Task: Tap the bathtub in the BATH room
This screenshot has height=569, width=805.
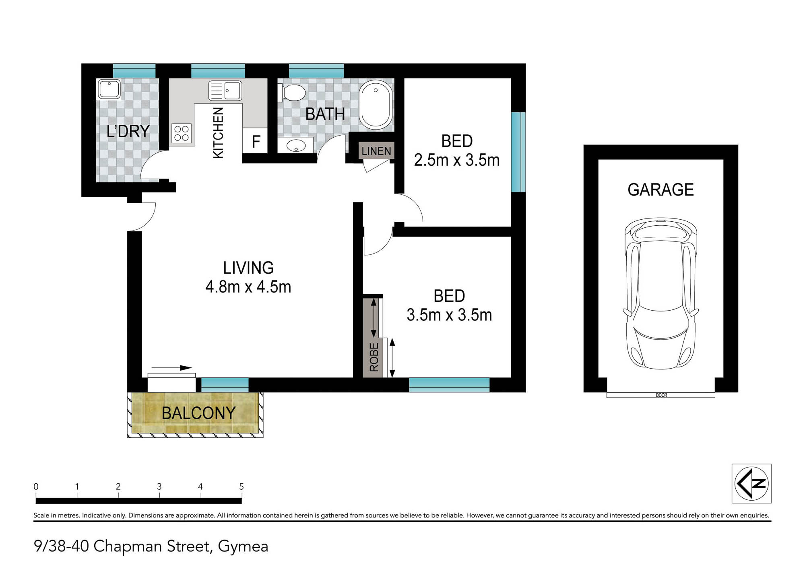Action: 376,104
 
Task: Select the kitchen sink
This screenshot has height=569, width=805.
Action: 225,91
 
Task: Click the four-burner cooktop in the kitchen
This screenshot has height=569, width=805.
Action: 182,133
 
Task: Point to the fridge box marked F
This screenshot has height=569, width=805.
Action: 255,140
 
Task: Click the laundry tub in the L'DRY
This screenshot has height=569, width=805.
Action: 109,89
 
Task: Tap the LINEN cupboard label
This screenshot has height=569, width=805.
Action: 376,151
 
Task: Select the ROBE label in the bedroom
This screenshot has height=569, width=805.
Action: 374,357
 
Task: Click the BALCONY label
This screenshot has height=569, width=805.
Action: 198,413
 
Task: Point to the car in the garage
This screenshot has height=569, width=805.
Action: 661,293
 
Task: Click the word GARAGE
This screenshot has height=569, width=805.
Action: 661,190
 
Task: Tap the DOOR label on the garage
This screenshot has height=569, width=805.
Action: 661,395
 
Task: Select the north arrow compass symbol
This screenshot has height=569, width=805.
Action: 751,483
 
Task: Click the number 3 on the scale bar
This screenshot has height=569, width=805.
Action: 159,487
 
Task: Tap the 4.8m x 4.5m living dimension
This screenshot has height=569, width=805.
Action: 248,287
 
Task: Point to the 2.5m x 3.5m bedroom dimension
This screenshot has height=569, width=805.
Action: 456,160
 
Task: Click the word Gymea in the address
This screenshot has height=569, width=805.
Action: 243,546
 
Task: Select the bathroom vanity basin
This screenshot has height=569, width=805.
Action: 296,145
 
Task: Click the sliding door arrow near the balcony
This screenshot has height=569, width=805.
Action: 172,368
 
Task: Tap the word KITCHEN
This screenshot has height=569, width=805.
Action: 218,133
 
